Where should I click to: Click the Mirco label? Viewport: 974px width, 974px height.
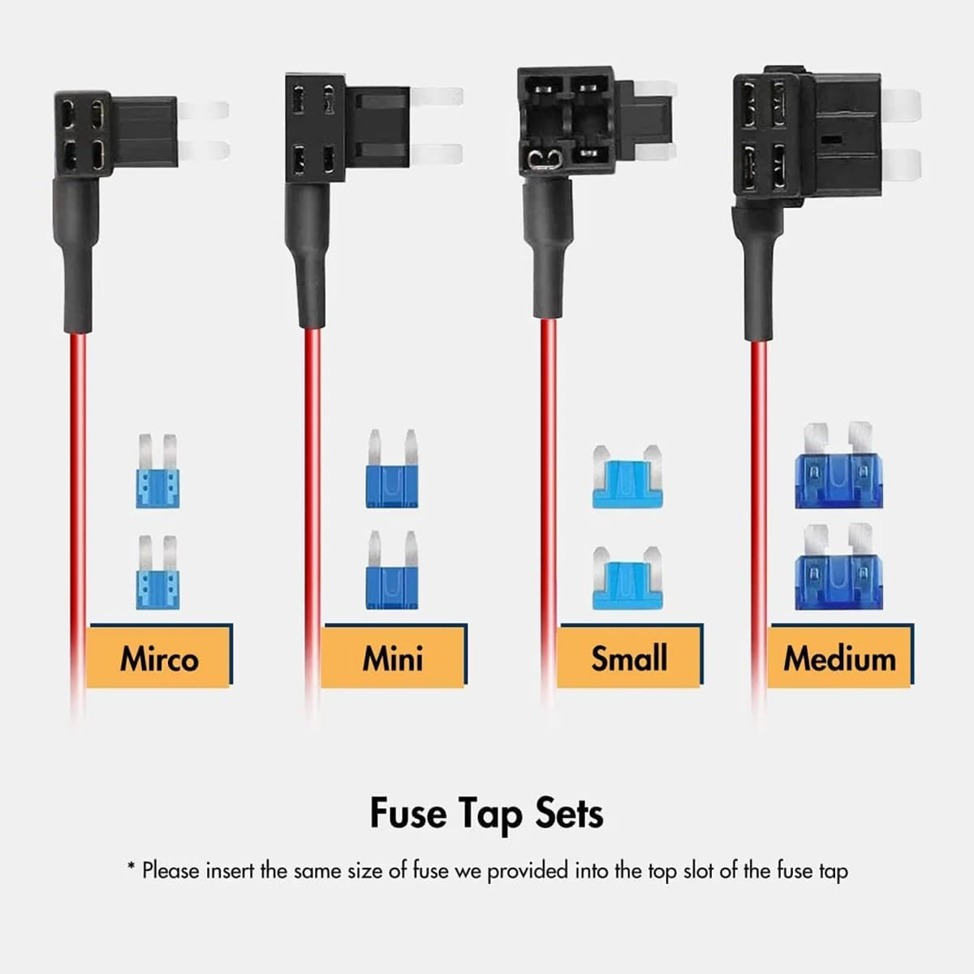159,657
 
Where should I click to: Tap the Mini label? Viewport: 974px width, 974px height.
393,657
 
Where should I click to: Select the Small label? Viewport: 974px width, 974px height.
629,657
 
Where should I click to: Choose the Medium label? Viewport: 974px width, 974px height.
839,657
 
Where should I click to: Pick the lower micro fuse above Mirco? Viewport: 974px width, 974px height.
157,573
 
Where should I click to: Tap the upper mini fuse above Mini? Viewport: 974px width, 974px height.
392,471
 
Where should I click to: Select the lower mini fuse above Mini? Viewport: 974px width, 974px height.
392,571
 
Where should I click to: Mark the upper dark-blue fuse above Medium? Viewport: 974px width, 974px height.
838,467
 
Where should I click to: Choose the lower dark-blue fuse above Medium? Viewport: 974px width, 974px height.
838,568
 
